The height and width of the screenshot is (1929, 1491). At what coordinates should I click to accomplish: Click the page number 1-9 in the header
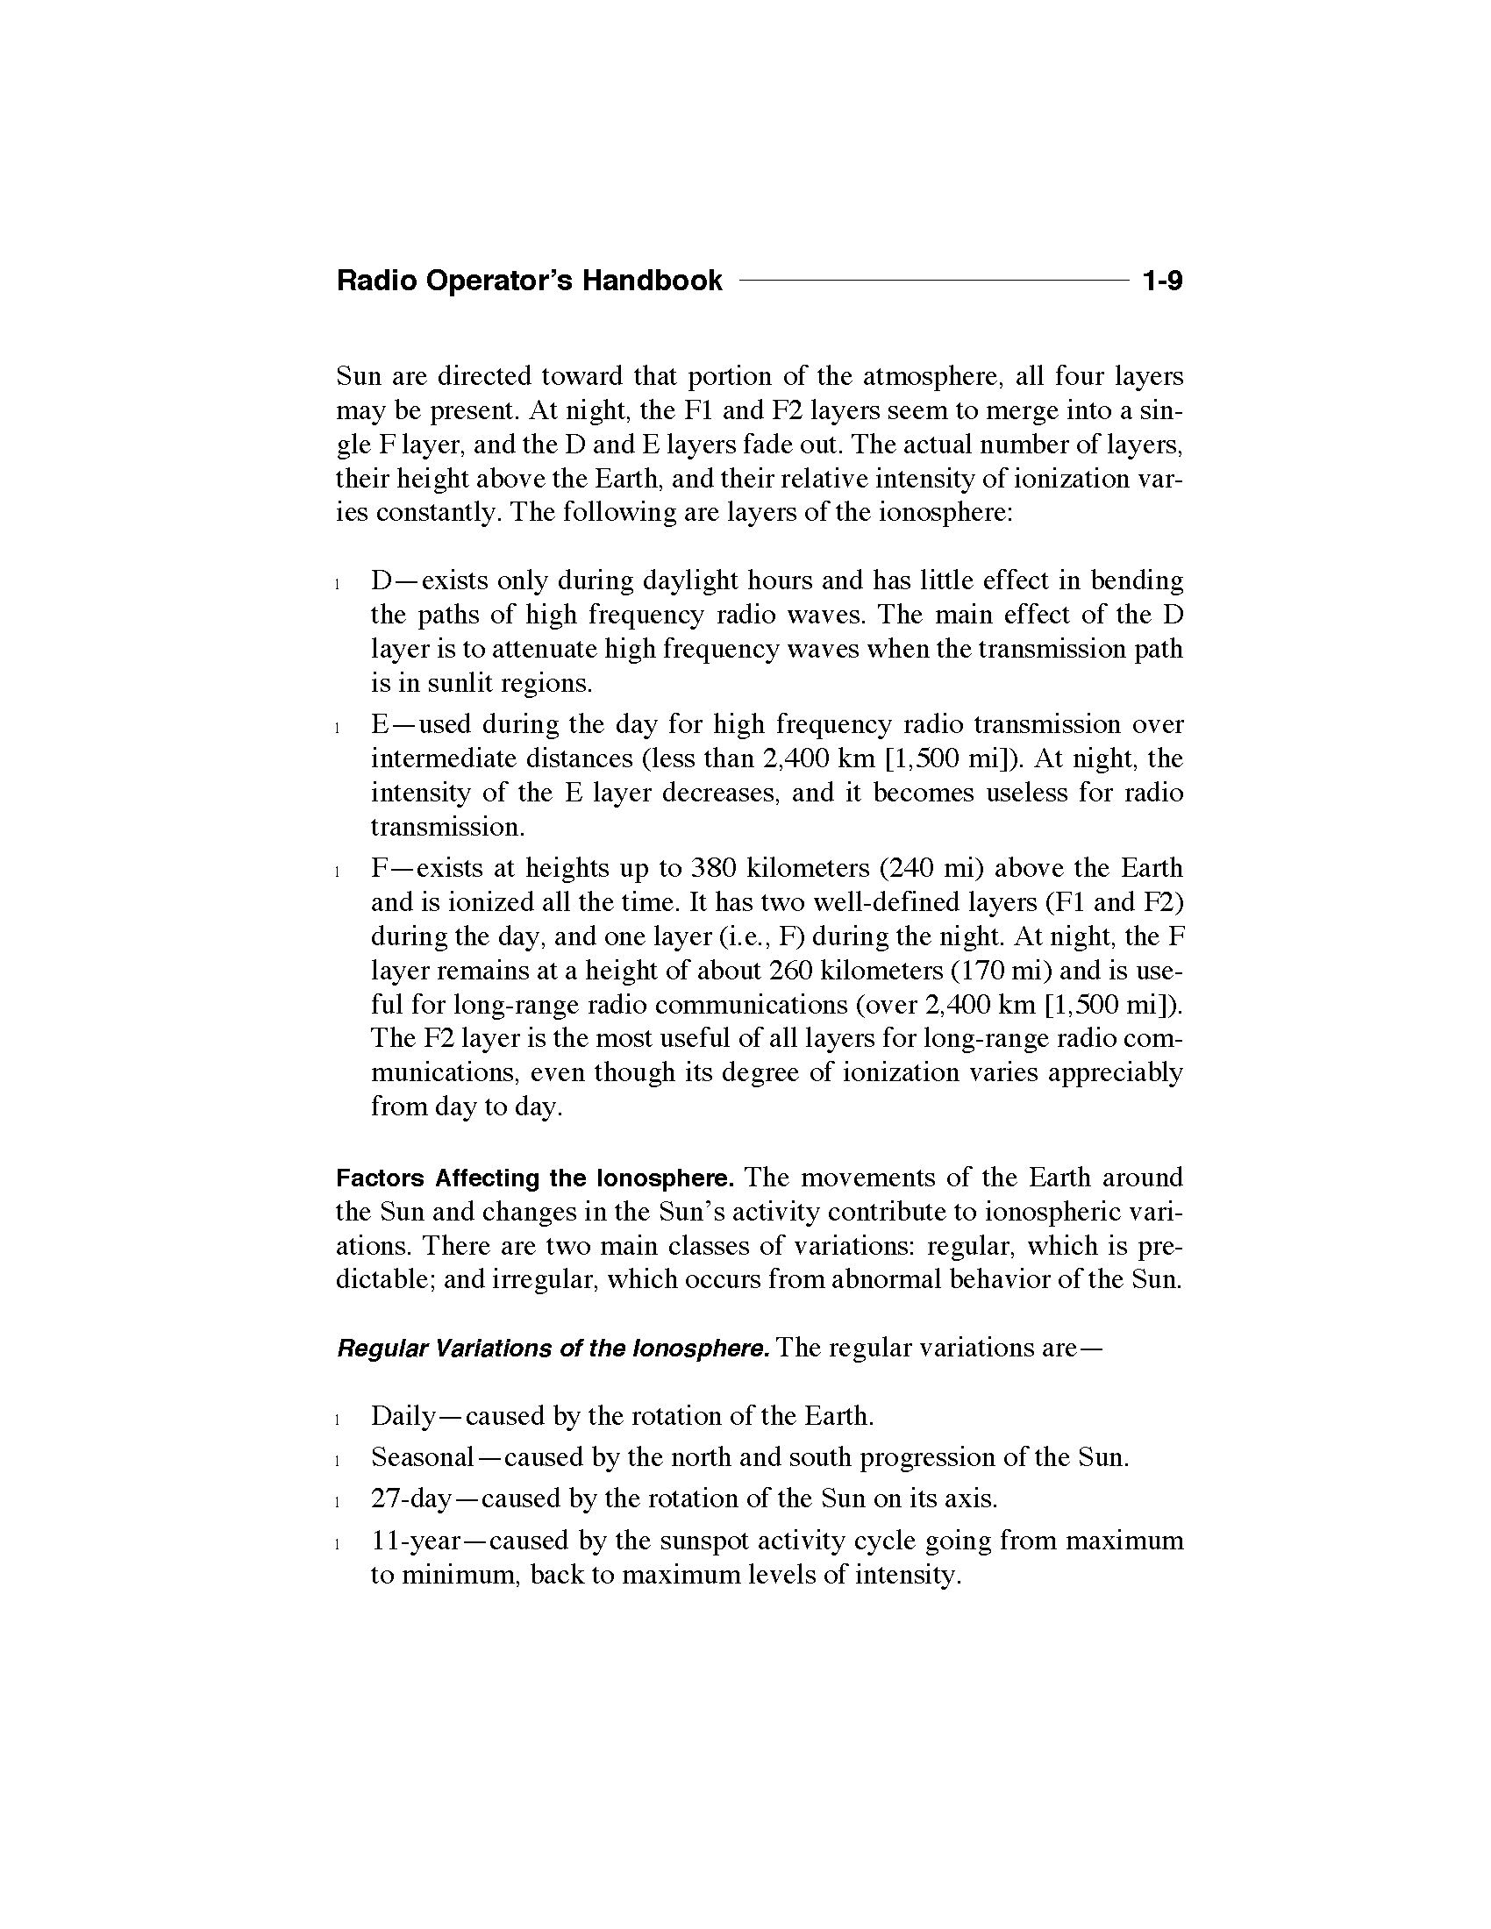click(x=1161, y=281)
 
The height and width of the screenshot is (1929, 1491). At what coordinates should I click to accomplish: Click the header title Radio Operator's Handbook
click(x=529, y=281)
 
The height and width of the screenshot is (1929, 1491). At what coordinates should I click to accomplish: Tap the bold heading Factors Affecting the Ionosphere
click(x=534, y=1178)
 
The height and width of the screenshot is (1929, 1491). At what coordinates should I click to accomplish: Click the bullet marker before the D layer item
click(x=339, y=584)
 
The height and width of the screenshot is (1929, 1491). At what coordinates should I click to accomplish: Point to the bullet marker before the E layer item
click(x=339, y=728)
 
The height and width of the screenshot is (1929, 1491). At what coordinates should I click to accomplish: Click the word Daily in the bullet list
click(x=403, y=1417)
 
